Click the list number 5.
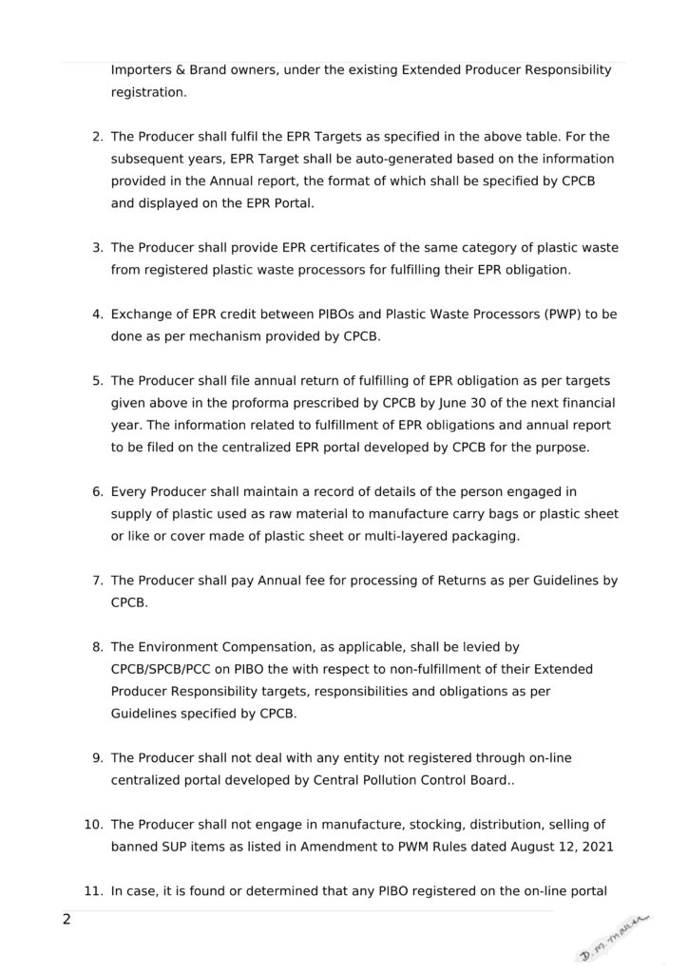[97, 380]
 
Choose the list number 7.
[97, 580]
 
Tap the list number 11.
[94, 891]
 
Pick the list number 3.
[97, 247]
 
